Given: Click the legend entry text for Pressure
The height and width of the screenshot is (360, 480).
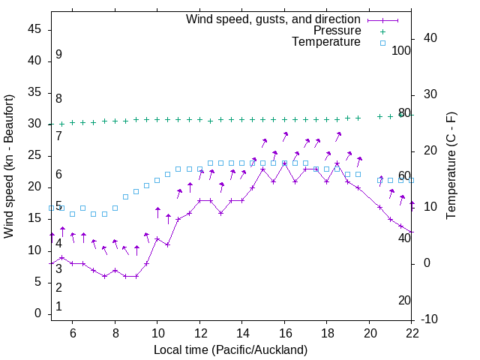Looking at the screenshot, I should click(337, 31).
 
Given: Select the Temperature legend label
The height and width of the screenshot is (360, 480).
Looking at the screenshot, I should click(326, 42).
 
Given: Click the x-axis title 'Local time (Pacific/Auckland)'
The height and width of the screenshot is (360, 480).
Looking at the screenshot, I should click(230, 349).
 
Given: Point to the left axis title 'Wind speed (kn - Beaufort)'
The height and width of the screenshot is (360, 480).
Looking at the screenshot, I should click(9, 166).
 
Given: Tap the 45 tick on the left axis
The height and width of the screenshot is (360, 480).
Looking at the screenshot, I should click(35, 29).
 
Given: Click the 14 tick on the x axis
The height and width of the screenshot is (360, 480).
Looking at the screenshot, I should click(242, 333).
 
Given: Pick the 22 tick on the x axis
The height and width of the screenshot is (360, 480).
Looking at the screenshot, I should click(412, 333).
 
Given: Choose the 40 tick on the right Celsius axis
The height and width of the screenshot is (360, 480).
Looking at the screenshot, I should click(430, 38).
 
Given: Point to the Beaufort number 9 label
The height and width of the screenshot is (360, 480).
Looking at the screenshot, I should click(58, 55).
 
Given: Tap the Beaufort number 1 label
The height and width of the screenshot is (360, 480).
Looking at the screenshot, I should click(58, 307).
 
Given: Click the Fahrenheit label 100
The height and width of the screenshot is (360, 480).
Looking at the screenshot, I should click(402, 50).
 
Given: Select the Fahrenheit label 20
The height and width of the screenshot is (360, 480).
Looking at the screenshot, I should click(404, 301).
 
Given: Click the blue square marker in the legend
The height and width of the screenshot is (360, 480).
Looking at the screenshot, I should click(382, 43).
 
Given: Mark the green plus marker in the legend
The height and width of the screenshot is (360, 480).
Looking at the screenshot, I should click(382, 31).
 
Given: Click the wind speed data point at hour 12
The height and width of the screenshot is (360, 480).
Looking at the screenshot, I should click(199, 200).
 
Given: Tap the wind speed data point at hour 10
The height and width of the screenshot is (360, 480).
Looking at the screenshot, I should click(157, 238).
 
